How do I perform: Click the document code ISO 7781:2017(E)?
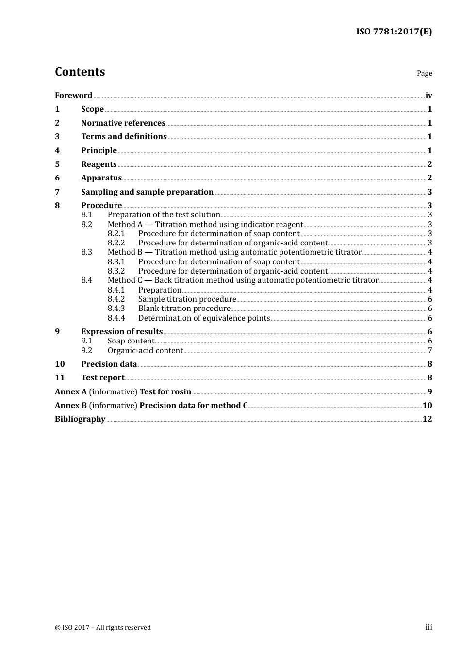tap(394, 32)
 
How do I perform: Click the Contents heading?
tap(80, 72)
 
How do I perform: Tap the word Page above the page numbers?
tap(424, 73)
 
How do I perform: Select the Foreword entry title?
tap(73, 95)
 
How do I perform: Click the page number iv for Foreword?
tap(428, 96)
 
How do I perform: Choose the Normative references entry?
tap(123, 123)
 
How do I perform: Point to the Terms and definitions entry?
tap(124, 136)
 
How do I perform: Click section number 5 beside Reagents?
tap(57, 164)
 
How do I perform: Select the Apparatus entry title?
tap(101, 178)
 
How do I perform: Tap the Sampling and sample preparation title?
tap(147, 192)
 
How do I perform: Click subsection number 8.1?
tap(86, 214)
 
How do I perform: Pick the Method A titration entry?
tap(205, 224)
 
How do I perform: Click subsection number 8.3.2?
tap(116, 271)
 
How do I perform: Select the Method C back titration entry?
tap(243, 280)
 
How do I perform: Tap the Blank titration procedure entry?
tap(184, 308)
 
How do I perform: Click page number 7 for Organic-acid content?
tap(429, 350)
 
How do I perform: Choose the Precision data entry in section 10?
tap(109, 364)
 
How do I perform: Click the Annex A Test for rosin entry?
tap(123, 391)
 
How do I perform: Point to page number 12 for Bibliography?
tap(427, 419)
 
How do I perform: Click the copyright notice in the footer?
tap(102, 627)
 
